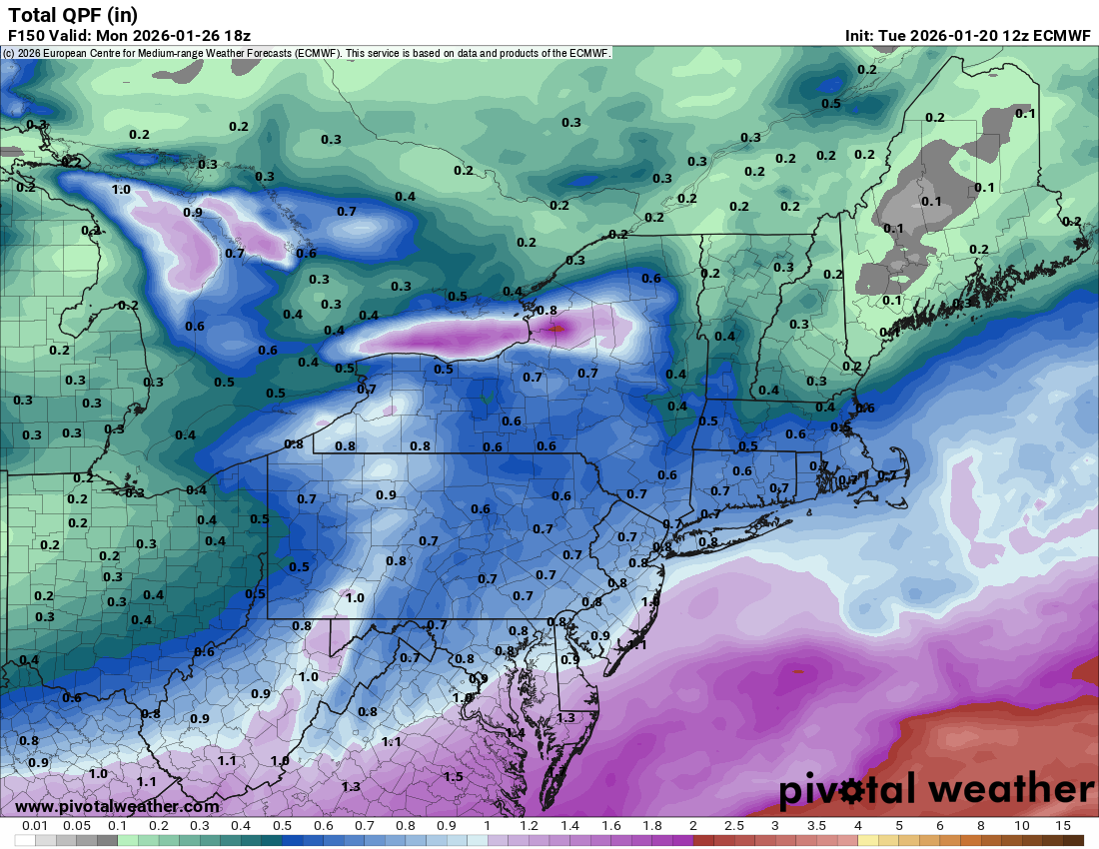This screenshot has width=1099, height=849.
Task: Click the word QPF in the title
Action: pos(79,15)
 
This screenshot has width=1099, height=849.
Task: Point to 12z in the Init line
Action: pos(1000,36)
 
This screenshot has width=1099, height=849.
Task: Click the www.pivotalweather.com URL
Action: pos(117,806)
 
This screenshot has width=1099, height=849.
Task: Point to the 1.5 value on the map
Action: pos(453,776)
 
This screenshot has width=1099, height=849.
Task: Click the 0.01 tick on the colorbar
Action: pos(35,826)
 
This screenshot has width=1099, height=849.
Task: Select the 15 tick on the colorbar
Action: pos(1063,826)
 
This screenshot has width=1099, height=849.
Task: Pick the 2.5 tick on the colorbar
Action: pos(733,826)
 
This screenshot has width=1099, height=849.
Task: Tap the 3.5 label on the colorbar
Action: pos(816,826)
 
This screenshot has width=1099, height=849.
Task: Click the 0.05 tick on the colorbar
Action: pos(76,826)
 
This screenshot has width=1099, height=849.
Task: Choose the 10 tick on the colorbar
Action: pos(1022,826)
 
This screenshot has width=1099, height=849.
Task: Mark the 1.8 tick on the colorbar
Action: pos(651,826)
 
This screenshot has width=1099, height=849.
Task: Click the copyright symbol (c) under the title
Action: pos(8,53)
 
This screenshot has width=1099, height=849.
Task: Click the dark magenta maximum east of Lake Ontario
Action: pos(557,325)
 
